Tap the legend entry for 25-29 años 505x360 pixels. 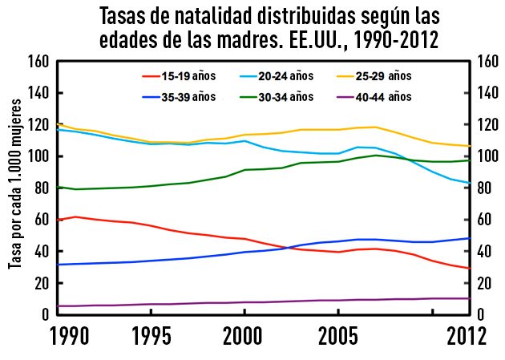click(377, 76)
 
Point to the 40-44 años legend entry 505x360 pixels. click(377, 96)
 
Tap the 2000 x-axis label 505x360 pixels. click(245, 334)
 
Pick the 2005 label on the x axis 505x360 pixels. click(340, 334)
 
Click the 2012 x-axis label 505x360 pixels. click(467, 334)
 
